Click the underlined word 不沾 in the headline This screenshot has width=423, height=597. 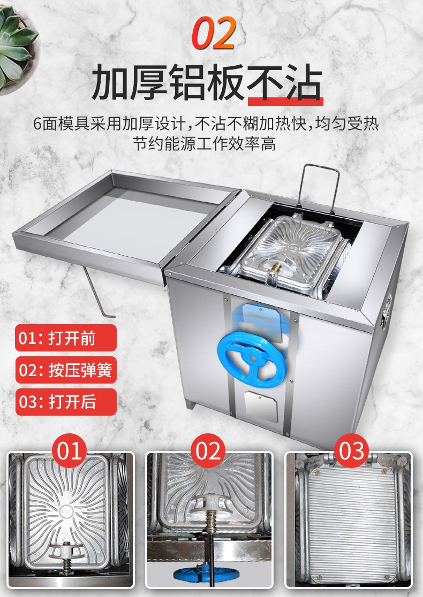tap(284, 83)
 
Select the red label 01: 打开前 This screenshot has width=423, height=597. tap(65, 338)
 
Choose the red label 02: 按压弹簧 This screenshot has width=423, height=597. tap(65, 370)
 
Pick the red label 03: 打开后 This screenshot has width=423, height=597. tap(65, 402)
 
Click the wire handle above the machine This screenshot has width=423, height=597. tap(319, 182)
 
